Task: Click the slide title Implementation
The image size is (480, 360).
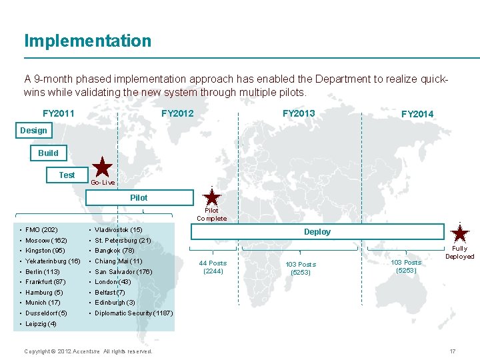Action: [x=87, y=41]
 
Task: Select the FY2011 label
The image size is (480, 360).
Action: [x=59, y=113]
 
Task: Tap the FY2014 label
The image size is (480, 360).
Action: [x=417, y=114]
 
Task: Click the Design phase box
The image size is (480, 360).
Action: [x=33, y=131]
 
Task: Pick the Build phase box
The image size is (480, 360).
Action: [x=48, y=153]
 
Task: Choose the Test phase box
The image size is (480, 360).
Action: [x=67, y=175]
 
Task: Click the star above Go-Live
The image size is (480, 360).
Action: [x=102, y=167]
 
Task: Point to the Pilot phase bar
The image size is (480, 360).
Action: [x=139, y=197]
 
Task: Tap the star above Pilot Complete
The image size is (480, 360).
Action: [x=212, y=197]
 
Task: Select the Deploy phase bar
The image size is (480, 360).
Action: [x=317, y=231]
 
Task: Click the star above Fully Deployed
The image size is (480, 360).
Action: [x=460, y=233]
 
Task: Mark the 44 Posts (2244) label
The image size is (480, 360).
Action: [x=213, y=267]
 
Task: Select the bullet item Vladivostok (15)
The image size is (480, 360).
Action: [x=118, y=230]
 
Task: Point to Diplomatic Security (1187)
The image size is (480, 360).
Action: [x=133, y=313]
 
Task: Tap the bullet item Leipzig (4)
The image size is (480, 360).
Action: [x=41, y=324]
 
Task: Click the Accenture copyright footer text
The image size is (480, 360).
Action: [x=88, y=351]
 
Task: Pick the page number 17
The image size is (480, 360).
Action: [x=453, y=351]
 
